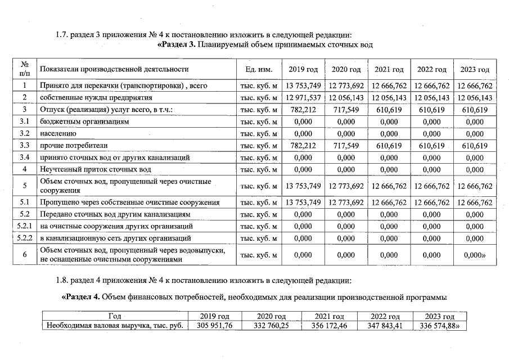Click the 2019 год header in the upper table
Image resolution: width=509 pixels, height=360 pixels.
(x=303, y=69)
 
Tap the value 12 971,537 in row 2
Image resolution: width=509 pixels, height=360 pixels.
(x=303, y=98)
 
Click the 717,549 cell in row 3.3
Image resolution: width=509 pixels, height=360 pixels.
(x=346, y=146)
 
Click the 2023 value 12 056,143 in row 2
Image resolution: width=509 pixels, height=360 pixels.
(x=475, y=98)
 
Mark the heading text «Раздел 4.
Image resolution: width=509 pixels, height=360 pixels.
(x=84, y=296)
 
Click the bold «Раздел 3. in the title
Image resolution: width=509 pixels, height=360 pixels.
(x=178, y=45)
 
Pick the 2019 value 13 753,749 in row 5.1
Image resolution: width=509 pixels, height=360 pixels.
(x=303, y=202)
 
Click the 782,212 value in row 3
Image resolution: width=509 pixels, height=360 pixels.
(x=303, y=110)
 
